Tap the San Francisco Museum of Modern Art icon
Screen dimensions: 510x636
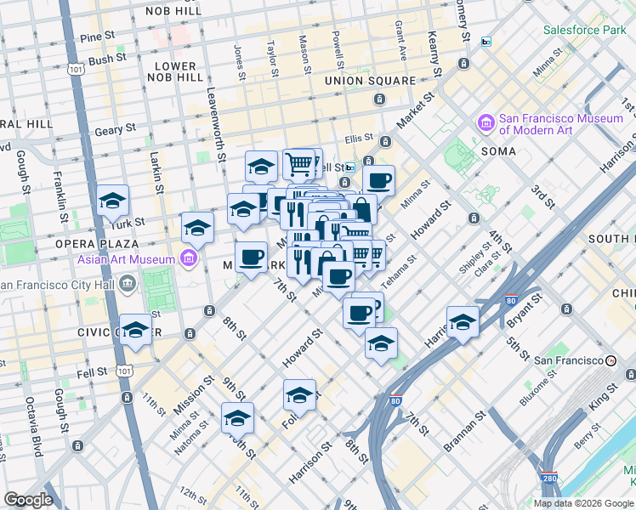(486, 123)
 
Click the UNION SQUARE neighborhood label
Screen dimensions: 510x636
(370, 81)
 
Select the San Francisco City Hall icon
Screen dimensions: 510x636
(128, 283)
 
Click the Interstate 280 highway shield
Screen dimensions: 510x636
(550, 482)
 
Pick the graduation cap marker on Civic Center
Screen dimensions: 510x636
(134, 328)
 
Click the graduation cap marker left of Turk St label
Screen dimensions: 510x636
(112, 201)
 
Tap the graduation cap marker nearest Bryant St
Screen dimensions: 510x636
(463, 321)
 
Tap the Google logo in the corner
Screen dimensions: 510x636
(28, 500)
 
